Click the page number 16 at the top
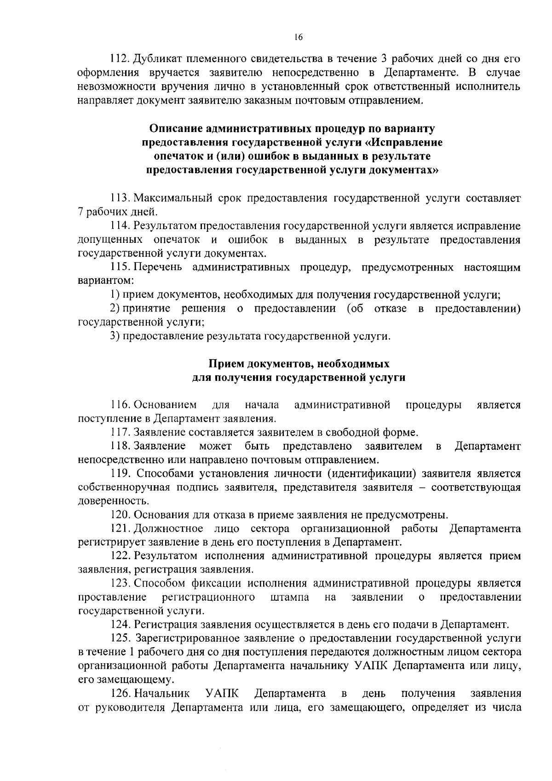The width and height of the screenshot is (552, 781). [299, 38]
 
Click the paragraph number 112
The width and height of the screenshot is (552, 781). [120, 59]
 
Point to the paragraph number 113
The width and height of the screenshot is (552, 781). [120, 198]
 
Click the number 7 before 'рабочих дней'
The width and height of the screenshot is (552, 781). [80, 212]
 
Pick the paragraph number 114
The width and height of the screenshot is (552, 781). [120, 226]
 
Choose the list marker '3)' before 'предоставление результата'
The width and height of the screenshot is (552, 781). [115, 336]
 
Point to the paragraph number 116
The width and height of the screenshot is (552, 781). [120, 405]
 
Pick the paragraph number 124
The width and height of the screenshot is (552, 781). [120, 624]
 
